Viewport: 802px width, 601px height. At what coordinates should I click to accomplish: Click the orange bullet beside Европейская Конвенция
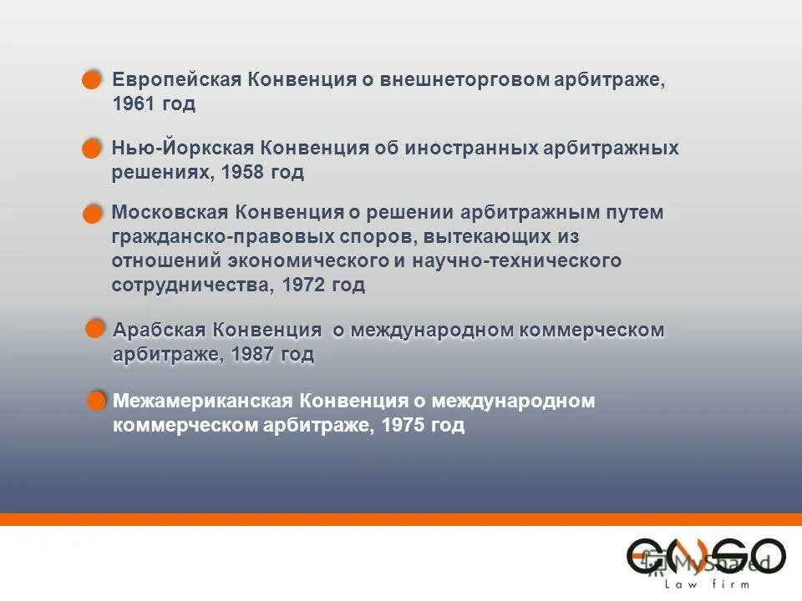(91, 80)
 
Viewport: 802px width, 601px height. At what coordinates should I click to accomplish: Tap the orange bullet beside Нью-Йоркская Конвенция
(91, 149)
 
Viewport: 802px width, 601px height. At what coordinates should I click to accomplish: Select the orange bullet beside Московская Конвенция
(91, 215)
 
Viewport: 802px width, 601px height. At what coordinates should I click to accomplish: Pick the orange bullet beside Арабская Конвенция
(96, 328)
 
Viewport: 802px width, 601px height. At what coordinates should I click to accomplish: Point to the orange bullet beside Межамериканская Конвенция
(97, 402)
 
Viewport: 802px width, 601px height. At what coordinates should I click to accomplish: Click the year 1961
(132, 104)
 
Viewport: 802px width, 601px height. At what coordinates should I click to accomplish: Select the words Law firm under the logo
(707, 584)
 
